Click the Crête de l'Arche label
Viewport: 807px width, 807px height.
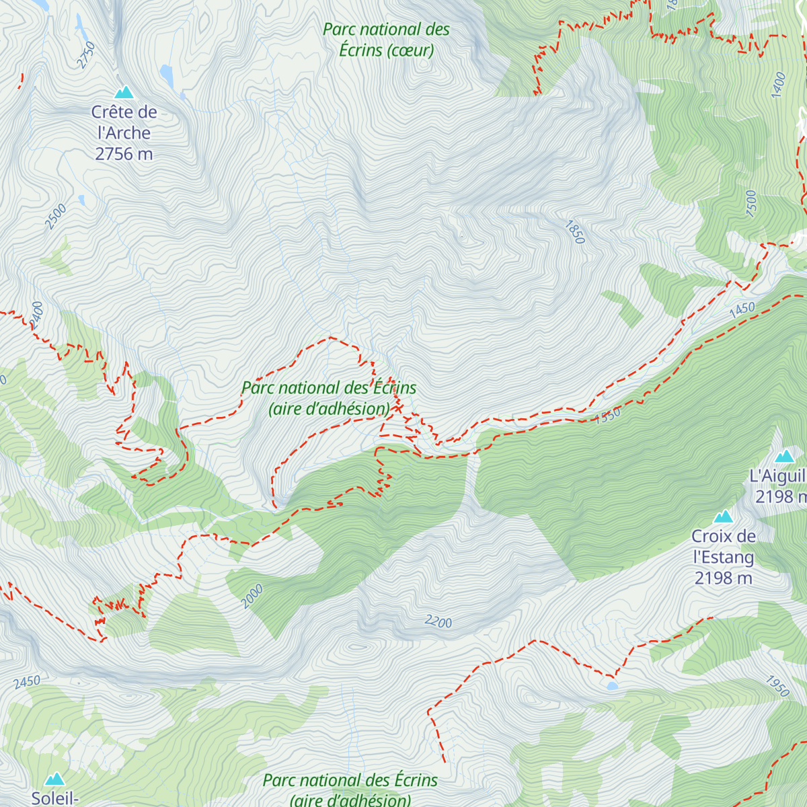click(x=124, y=122)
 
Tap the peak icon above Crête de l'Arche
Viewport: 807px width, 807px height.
click(x=124, y=92)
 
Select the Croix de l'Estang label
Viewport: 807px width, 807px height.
click(x=724, y=547)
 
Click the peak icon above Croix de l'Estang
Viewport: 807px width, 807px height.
click(x=724, y=516)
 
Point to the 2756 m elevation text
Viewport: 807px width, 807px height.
click(x=124, y=154)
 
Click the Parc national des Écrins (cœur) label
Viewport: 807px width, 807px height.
click(x=386, y=40)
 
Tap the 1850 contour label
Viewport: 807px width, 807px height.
click(x=574, y=232)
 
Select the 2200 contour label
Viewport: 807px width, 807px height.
click(x=438, y=622)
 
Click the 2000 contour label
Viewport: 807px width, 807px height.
click(x=253, y=597)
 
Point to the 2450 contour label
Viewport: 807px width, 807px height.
click(x=27, y=682)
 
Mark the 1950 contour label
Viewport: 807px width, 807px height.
click(x=777, y=685)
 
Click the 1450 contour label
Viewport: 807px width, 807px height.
click(x=742, y=309)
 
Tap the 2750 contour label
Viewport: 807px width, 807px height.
click(x=86, y=55)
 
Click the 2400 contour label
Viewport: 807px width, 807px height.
click(x=36, y=313)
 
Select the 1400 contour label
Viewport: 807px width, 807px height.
click(x=779, y=85)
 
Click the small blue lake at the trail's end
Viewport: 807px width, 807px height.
click(x=612, y=686)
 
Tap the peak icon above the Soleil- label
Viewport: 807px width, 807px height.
click(x=54, y=779)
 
